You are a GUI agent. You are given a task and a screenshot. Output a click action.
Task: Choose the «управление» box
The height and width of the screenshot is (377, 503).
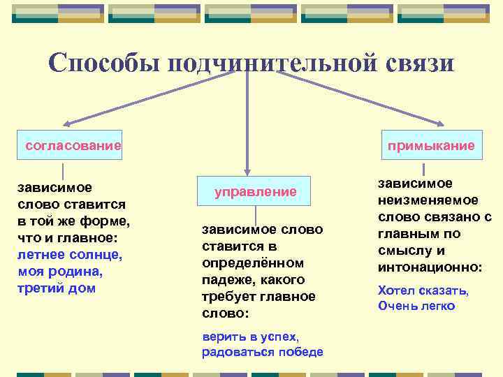pos(256,191)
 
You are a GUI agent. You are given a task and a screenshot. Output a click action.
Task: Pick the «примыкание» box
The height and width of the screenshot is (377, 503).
pos(431,146)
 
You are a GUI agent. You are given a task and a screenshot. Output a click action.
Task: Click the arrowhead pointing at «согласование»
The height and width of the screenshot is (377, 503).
pos(61,123)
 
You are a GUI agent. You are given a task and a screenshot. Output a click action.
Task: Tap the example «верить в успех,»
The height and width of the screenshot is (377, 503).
pos(250,336)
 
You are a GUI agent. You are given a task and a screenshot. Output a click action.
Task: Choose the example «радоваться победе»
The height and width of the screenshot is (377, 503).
pos(263,352)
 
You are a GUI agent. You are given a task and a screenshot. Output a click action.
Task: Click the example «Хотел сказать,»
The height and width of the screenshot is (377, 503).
pos(423,290)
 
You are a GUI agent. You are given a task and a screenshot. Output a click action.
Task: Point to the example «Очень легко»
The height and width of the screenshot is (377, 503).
pos(416,306)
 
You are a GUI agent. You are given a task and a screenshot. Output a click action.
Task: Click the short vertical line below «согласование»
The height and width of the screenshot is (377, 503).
pos(64,170)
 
